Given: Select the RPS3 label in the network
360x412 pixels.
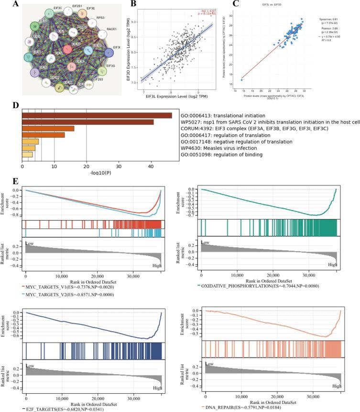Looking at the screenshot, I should point(87,17).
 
